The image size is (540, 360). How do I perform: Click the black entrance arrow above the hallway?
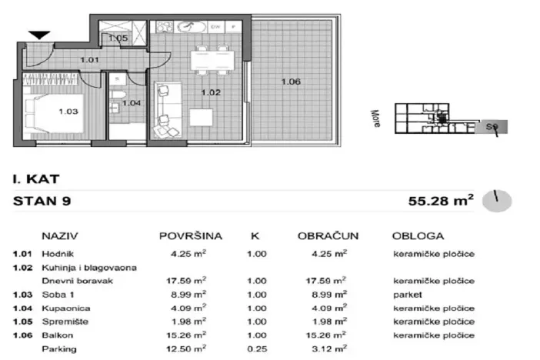[x=40, y=34]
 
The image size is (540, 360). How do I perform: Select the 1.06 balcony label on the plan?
[x=291, y=82]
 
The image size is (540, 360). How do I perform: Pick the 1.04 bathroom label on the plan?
[x=132, y=103]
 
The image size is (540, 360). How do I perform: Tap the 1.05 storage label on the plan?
[x=118, y=37]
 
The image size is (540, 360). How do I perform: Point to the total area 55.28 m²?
[x=440, y=202]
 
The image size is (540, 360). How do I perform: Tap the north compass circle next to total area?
[x=496, y=202]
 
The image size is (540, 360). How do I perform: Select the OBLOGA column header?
[x=418, y=236]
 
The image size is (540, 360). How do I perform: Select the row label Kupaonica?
[x=63, y=308]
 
